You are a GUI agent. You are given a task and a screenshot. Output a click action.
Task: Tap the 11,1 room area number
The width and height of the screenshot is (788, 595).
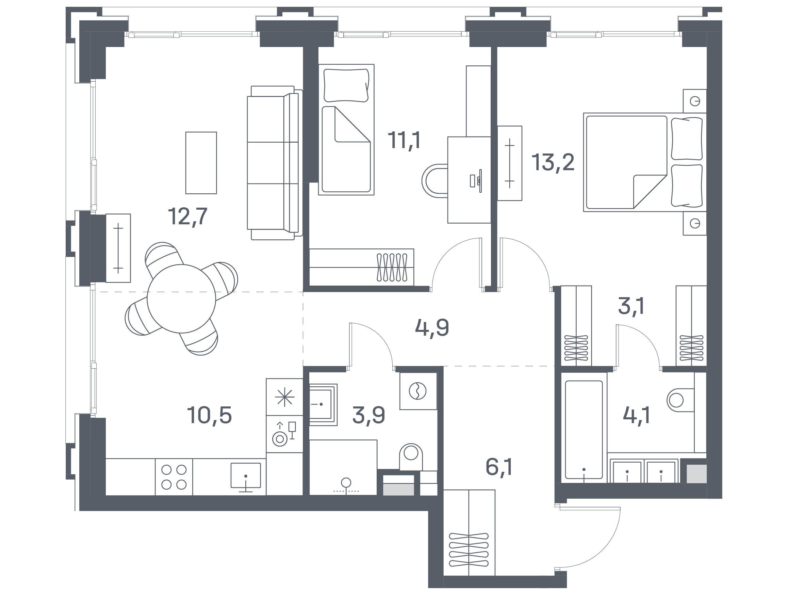[404, 140]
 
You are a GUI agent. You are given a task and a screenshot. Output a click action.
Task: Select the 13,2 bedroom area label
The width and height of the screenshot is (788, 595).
[553, 162]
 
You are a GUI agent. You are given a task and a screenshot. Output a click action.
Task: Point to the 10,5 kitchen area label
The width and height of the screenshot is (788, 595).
[210, 415]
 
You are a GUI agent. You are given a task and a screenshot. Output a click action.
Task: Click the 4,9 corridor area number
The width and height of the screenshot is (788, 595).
[432, 328]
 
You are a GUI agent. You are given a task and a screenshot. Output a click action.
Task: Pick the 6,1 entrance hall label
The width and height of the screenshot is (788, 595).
[499, 467]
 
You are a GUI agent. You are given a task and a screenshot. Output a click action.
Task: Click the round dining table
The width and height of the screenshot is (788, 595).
[181, 299]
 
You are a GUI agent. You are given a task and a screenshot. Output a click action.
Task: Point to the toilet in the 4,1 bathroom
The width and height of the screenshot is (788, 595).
[680, 400]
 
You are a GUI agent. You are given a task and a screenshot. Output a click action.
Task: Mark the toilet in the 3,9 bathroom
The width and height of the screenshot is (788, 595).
[411, 456]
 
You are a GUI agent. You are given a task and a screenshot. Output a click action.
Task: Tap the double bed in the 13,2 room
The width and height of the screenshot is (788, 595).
[645, 162]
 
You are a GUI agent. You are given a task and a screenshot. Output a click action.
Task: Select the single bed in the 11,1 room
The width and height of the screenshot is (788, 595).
[346, 130]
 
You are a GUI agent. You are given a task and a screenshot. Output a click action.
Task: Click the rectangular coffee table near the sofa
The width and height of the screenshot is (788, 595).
[201, 163]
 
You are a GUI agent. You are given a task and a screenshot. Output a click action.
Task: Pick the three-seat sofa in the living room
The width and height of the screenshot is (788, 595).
[275, 163]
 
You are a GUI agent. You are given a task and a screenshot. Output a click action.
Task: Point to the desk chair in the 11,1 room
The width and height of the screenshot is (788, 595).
[435, 180]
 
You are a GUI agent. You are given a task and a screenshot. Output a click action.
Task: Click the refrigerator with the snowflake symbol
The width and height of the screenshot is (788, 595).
[285, 397]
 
